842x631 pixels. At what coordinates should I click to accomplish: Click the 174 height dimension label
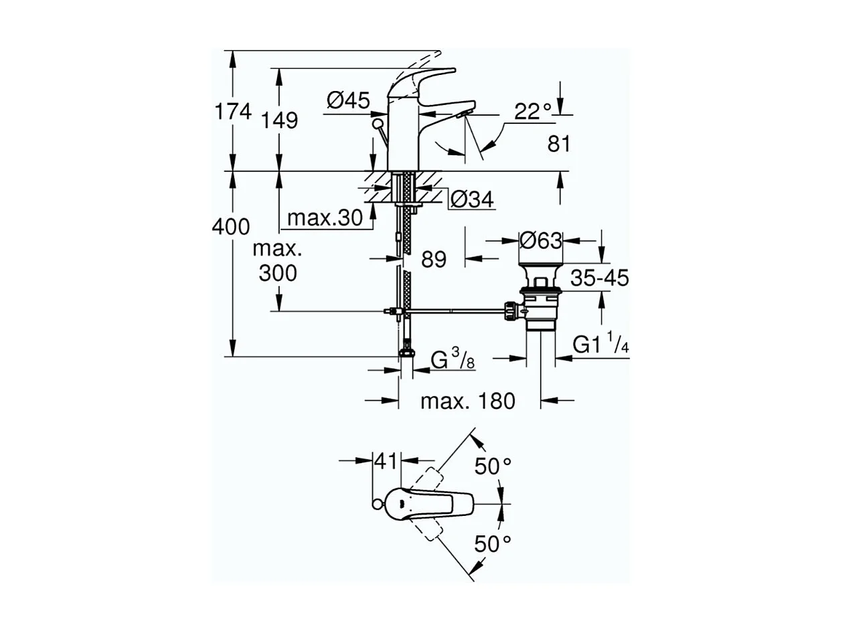(x=233, y=112)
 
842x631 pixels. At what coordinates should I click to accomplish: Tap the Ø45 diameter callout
(x=348, y=101)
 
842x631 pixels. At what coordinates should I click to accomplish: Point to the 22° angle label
(x=533, y=111)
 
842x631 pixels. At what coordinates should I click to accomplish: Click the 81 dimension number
(x=559, y=143)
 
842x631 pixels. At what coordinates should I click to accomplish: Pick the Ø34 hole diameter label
(x=471, y=199)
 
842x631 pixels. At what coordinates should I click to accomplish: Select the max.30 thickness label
(x=324, y=217)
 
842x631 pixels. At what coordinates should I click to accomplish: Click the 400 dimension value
(x=231, y=227)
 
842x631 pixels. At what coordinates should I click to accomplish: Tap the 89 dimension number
(x=434, y=259)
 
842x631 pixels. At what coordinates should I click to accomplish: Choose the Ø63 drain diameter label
(x=541, y=240)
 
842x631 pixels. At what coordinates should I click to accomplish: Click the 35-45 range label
(x=600, y=278)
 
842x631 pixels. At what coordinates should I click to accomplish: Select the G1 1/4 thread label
(x=601, y=345)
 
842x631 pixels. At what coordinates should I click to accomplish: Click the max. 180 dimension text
(x=468, y=401)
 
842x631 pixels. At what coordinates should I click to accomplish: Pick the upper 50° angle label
(x=493, y=466)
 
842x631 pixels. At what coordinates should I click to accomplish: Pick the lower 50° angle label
(x=493, y=544)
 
